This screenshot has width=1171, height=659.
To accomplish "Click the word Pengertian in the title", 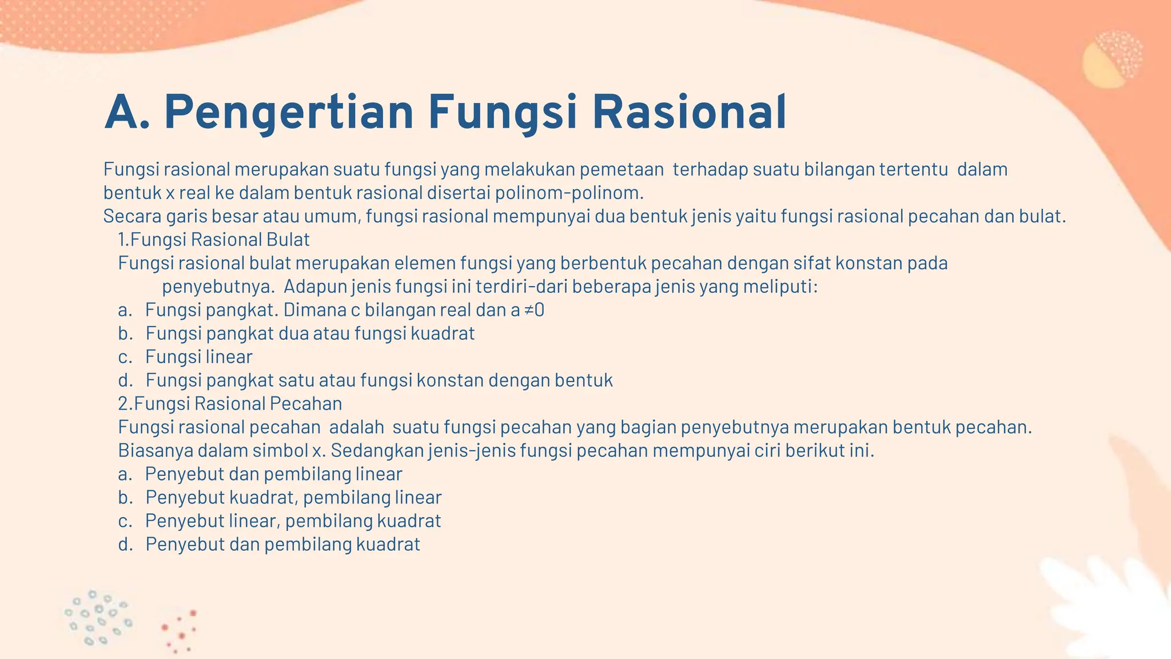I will click(289, 113).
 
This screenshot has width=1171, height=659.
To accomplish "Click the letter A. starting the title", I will click(127, 113).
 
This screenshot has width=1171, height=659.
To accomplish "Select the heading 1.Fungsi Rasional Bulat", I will click(214, 239).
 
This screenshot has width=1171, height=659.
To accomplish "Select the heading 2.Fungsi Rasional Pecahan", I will click(230, 403).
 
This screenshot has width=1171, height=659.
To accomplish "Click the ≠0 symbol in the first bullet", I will click(534, 310).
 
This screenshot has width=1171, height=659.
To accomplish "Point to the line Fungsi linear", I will click(198, 357).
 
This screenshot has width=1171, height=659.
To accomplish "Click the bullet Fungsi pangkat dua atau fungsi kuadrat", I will click(310, 334).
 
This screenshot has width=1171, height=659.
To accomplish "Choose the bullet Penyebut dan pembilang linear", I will click(273, 474).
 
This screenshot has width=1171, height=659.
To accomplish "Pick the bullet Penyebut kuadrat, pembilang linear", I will click(293, 497).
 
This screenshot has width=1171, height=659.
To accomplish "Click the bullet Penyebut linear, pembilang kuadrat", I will click(293, 521).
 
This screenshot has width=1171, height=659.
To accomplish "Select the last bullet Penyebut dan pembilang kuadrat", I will click(282, 544).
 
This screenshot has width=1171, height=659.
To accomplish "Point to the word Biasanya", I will click(156, 451).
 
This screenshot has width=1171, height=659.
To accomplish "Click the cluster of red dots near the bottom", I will click(180, 631).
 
